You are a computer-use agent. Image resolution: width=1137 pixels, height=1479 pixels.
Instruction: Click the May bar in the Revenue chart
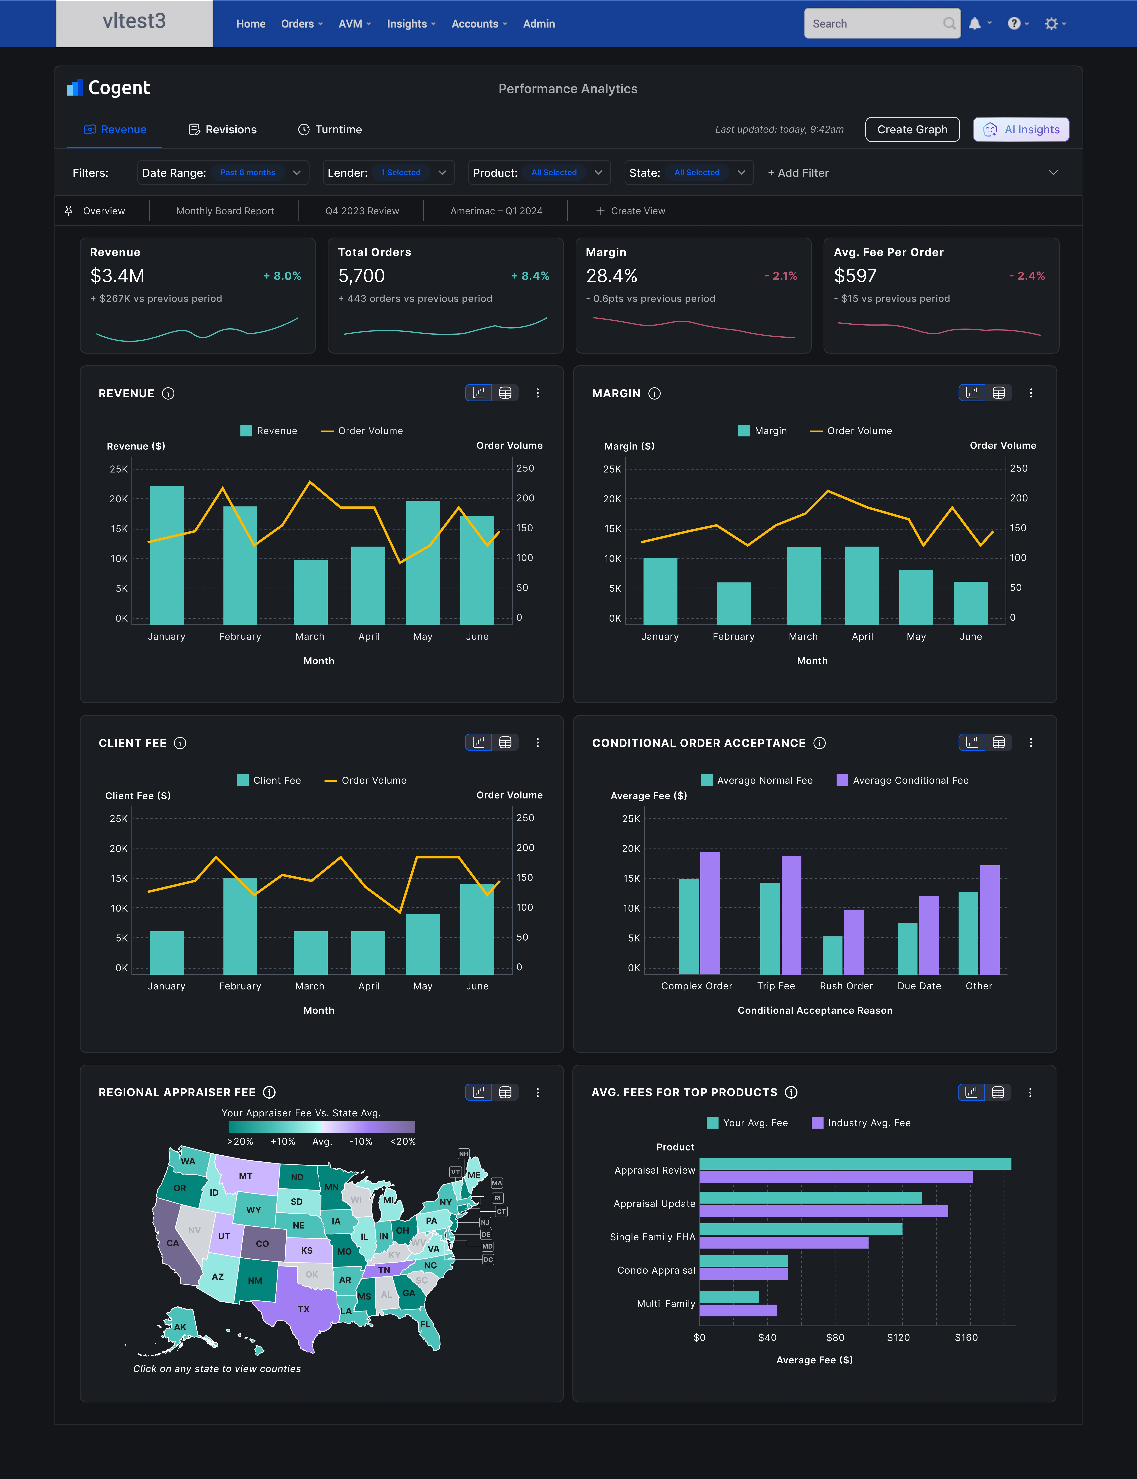(x=422, y=562)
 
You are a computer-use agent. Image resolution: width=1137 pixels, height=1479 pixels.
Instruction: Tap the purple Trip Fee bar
(x=791, y=915)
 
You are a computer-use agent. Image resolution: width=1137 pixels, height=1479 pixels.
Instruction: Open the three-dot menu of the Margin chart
(x=1031, y=393)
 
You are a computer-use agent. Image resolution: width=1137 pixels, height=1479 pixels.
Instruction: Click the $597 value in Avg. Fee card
(x=855, y=276)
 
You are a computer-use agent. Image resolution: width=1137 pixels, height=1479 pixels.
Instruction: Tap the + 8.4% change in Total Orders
(x=530, y=276)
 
